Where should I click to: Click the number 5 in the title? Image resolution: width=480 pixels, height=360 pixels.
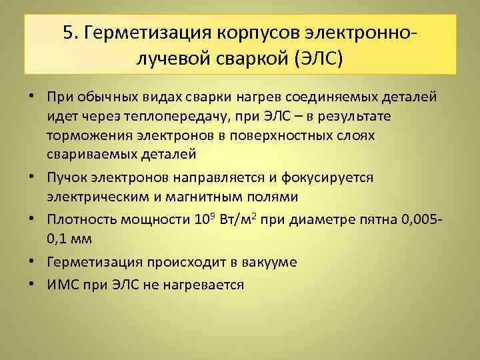pyautogui.click(x=69, y=33)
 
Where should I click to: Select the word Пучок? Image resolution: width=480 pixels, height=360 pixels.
pyautogui.click(x=66, y=179)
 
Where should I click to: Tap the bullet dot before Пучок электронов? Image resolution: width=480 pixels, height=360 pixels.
pyautogui.click(x=33, y=179)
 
